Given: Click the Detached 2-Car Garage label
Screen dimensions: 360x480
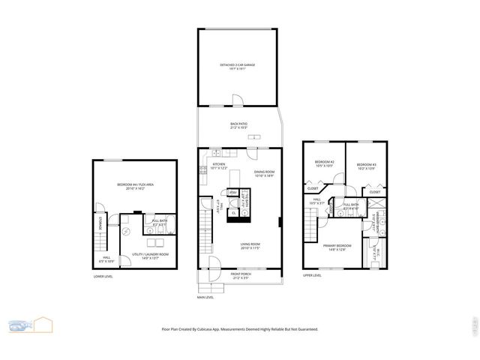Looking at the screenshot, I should pyautogui.click(x=237, y=65).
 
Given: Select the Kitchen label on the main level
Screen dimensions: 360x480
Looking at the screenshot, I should pyautogui.click(x=219, y=164).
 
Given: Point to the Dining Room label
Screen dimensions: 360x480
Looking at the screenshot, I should pyautogui.click(x=264, y=172).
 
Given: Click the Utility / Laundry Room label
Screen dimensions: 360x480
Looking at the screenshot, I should pyautogui.click(x=151, y=254).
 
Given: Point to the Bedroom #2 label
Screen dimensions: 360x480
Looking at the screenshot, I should pyautogui.click(x=324, y=163).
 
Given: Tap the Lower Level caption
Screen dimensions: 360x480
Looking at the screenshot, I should pyautogui.click(x=103, y=277).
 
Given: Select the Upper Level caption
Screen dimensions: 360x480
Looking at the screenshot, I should pyautogui.click(x=312, y=275).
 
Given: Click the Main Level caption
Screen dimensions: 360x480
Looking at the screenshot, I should pyautogui.click(x=205, y=297).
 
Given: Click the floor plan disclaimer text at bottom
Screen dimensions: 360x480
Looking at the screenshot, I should pyautogui.click(x=239, y=329).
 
